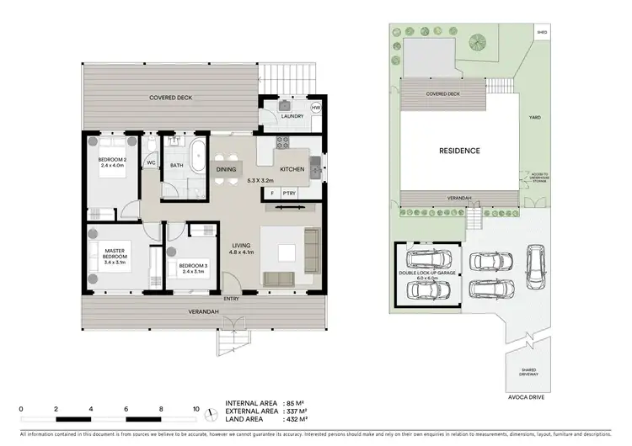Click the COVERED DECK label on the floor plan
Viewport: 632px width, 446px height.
171,98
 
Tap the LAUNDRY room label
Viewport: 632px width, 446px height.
292,116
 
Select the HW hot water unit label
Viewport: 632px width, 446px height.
316,108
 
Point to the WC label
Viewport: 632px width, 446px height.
152,163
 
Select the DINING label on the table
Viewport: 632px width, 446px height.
226,169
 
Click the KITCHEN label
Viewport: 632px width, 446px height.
292,169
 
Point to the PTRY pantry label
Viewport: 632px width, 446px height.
289,193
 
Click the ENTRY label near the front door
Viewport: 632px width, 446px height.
231,299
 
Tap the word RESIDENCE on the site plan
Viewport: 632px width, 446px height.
459,151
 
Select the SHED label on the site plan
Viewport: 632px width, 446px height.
541,33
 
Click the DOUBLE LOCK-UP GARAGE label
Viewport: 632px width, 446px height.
429,274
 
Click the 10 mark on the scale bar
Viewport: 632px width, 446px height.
196,409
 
